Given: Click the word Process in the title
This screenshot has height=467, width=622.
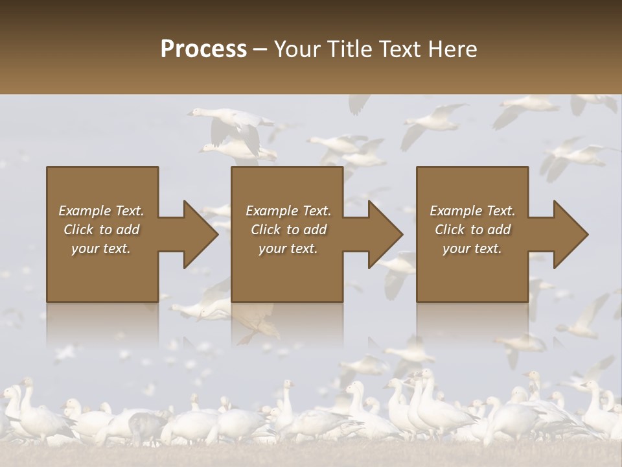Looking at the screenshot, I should coord(203,49).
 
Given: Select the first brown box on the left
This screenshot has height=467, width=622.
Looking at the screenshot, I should coord(102,272).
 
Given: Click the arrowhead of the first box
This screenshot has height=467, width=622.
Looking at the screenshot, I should coord(200,234).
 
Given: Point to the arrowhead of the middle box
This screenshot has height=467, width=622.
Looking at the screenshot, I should coord(385,234).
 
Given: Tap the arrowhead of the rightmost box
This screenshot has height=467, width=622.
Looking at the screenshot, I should coord(570,234).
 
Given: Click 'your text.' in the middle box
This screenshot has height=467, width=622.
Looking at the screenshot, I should coord(288,248).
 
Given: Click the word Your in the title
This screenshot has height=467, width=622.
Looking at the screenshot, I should coord(295,49).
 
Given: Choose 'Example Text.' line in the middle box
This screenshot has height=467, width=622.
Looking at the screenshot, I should coord(288,211).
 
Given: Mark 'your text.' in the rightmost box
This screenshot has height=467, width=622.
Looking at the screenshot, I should coord(472,248).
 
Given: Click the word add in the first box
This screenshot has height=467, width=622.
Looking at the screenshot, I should coord(128,230).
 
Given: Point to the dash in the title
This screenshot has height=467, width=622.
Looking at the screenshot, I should coord(260,49).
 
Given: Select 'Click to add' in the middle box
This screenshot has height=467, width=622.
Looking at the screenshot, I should coord(288,230).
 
